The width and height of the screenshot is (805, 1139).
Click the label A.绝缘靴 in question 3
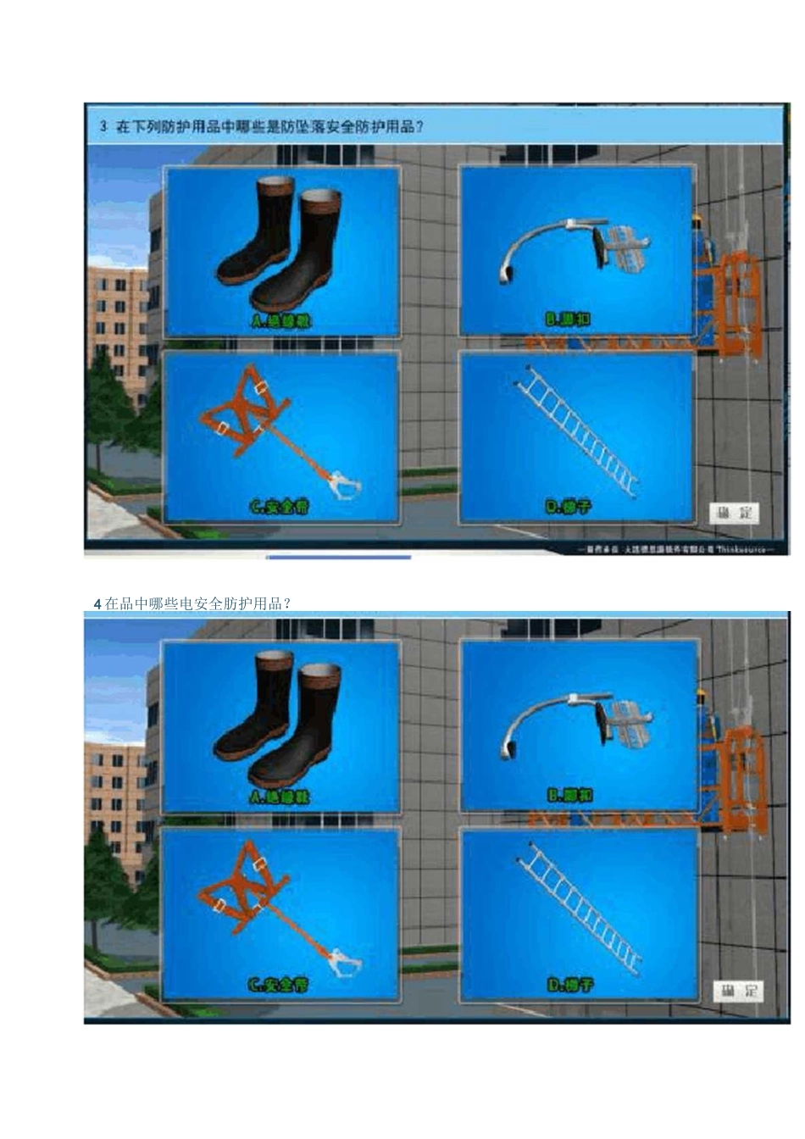tap(281, 321)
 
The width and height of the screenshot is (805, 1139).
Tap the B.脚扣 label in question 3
tap(569, 319)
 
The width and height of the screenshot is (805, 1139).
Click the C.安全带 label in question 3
tap(280, 507)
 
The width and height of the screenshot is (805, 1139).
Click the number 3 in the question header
tap(103, 126)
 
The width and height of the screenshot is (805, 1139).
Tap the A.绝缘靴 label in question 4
tap(280, 797)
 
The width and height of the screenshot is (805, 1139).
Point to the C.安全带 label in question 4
tap(279, 985)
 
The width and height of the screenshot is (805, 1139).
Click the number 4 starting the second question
tap(98, 604)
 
